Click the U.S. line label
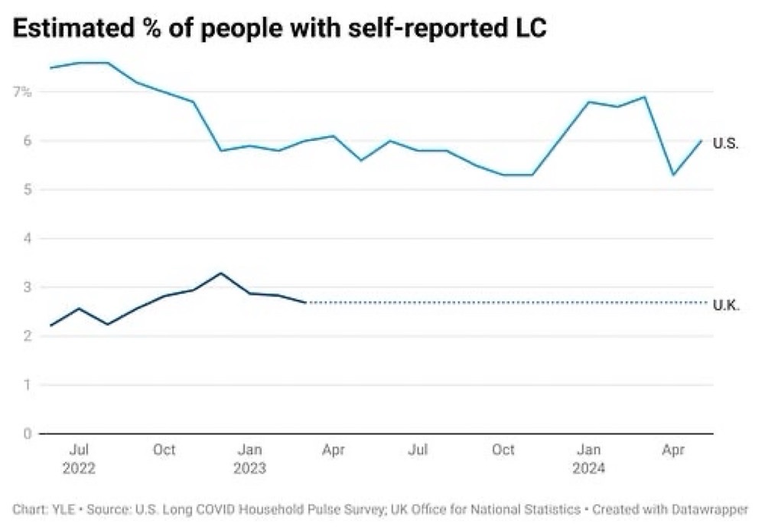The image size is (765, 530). coord(725,143)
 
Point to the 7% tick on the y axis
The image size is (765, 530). coord(21,92)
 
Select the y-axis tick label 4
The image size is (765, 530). coord(27,239)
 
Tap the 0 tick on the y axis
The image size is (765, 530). coord(27,434)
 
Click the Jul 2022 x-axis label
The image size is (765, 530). coord(80,459)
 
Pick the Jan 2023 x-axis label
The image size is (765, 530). coord(249,459)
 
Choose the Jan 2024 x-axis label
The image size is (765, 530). coord(588,459)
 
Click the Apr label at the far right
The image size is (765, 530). coord(672,450)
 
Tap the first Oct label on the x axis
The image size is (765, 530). coord(164,450)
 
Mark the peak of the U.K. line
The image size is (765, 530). coord(220,273)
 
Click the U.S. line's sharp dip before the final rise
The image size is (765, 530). coord(672,175)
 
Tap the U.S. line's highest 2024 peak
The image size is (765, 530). coord(644,97)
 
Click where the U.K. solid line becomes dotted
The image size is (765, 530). coord(305,303)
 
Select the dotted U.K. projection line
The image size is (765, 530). coord(497,303)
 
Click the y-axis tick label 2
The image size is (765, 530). coord(27,336)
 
